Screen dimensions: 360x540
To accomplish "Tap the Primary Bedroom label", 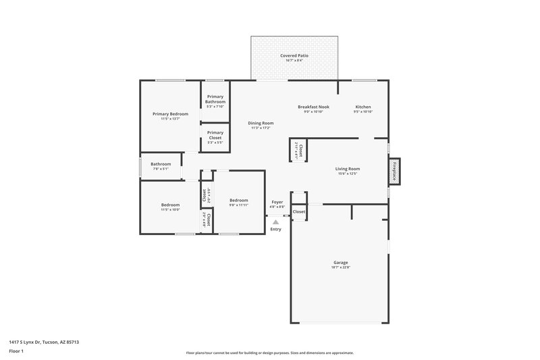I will pos(170,114).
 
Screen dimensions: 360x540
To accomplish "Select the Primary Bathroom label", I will pos(215,99).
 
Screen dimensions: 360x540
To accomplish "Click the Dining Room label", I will pos(261,123).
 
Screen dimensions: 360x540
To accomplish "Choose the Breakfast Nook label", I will pos(314,107).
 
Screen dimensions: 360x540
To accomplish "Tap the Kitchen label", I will pos(363,107).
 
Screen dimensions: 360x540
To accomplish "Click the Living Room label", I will pos(348,169).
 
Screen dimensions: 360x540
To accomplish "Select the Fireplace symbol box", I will pos(394,172).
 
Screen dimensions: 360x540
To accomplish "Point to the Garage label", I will pos(340,262).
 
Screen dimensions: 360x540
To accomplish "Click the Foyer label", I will pos(277,202).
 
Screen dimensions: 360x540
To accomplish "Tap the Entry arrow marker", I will pos(275,220).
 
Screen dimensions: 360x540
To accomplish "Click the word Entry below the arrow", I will pos(275,230).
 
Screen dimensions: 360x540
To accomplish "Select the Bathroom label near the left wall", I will pos(161,164).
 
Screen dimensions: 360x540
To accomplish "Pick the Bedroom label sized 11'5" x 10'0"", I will pos(170,205).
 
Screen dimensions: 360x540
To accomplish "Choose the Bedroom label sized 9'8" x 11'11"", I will pos(239,200).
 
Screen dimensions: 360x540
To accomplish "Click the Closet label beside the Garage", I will pos(299,212).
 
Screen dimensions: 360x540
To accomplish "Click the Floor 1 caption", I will pos(16,352).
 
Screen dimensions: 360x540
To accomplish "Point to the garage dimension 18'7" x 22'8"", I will pos(340,267).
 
